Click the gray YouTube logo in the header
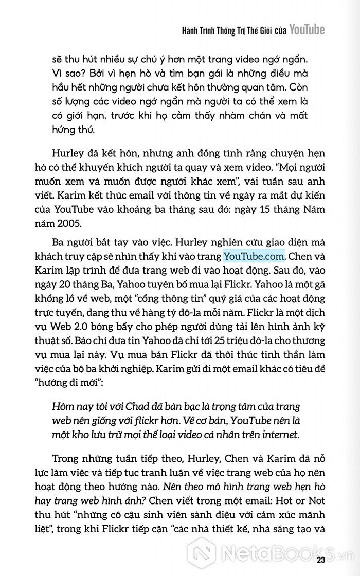coord(307,30)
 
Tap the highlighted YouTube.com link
coord(254,256)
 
